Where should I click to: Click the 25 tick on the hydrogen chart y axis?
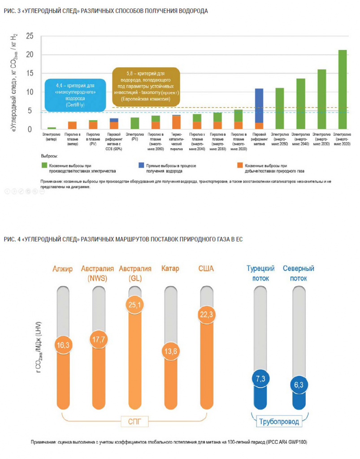pos(30,36)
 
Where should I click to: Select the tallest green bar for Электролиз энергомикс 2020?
pos(342,90)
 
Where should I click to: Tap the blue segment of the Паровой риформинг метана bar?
pos(259,105)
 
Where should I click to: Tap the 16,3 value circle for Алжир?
pos(62,345)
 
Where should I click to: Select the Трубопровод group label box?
pos(279,421)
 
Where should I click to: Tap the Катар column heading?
pos(170,269)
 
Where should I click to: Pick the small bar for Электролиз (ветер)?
pos(52,128)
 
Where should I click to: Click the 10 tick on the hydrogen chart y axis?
pos(30,92)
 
